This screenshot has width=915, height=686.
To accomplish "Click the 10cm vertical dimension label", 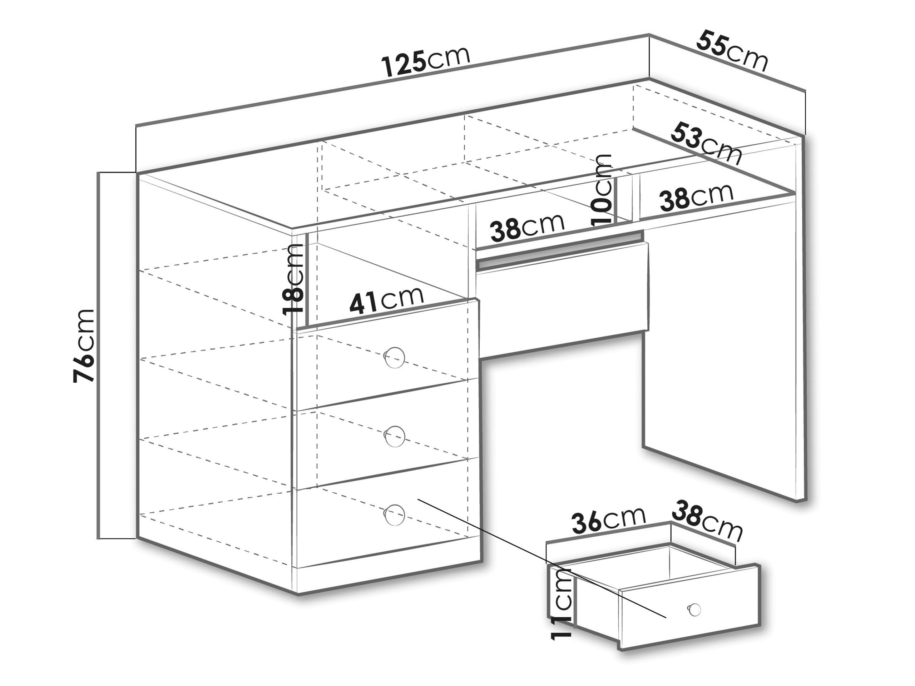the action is pyautogui.click(x=602, y=189).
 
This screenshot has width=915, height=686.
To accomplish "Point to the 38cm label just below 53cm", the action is pyautogui.click(x=696, y=197).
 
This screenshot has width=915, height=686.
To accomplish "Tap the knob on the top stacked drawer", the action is pyautogui.click(x=394, y=357).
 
